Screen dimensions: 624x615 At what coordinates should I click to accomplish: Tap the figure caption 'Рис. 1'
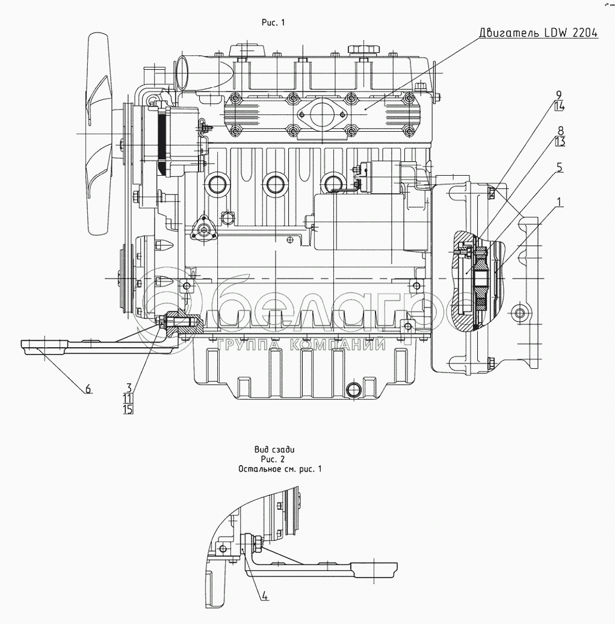click(273, 22)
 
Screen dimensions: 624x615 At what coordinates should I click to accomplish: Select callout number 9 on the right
click(559, 95)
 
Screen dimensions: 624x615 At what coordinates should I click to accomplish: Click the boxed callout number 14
click(559, 107)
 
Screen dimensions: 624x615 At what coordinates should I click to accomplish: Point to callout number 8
click(560, 131)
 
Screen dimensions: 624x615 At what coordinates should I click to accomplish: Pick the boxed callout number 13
click(560, 142)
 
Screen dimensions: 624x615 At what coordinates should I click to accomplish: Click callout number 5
click(560, 168)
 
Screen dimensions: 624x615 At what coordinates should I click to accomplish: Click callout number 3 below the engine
click(128, 387)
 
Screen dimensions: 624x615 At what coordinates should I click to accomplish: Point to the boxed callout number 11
click(128, 398)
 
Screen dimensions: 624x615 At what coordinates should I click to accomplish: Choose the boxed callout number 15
click(128, 409)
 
